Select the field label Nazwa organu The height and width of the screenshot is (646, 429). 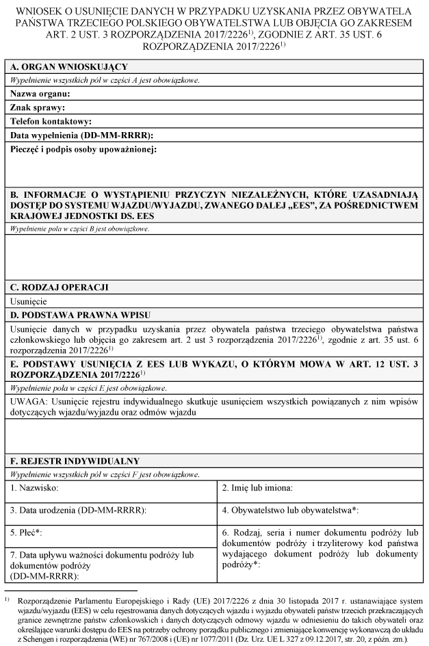(x=40, y=94)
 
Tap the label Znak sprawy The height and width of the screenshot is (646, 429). (x=38, y=107)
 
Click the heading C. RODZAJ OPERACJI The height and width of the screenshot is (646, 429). (x=60, y=287)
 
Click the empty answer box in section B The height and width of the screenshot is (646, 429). (x=214, y=254)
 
